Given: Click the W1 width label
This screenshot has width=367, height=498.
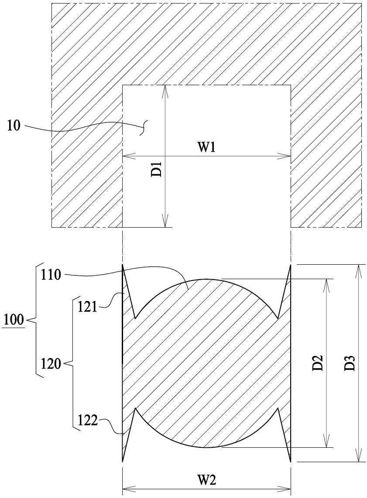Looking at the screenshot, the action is [x=206, y=148].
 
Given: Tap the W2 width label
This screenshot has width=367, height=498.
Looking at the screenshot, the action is [x=206, y=480].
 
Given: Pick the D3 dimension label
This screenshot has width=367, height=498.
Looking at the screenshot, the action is [x=350, y=363].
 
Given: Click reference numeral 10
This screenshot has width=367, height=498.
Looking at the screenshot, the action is [x=14, y=126].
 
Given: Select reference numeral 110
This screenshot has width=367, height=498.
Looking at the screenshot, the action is [x=51, y=274].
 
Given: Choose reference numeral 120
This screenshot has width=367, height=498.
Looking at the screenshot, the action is [x=51, y=363].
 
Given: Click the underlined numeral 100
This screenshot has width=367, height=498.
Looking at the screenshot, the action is [x=14, y=319].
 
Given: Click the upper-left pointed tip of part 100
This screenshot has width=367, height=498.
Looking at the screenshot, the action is [x=123, y=265].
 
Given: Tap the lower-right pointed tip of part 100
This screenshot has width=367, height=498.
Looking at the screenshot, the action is [x=291, y=461].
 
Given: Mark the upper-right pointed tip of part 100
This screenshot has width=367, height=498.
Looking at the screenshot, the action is [x=291, y=265].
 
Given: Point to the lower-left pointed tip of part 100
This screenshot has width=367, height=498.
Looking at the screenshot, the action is [x=123, y=461].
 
